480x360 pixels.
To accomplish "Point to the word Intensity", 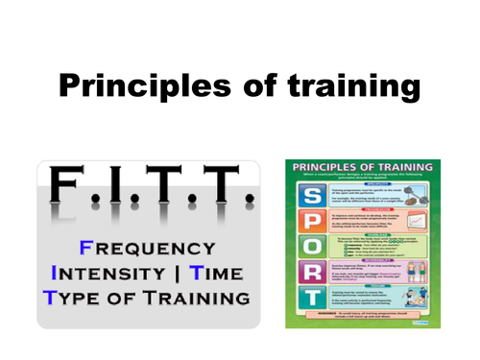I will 102,269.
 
